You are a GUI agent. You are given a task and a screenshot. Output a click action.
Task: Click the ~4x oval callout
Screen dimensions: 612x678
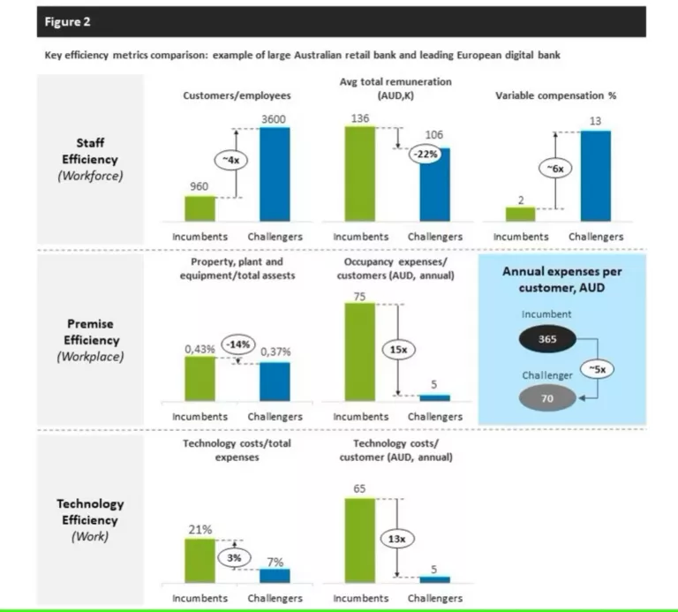point(229,160)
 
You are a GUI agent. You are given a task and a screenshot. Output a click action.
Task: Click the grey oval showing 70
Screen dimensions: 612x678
point(546,398)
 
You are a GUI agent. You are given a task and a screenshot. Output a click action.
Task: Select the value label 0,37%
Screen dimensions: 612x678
point(275,351)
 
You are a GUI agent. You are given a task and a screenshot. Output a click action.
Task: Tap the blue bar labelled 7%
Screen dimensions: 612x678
point(275,575)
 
